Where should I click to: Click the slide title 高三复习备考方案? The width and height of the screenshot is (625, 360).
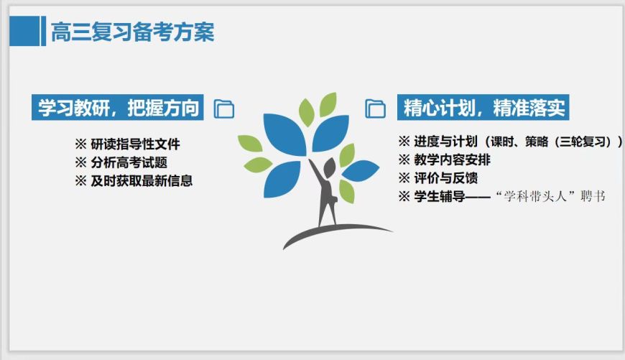(132, 32)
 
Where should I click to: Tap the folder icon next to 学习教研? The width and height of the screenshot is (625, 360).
(225, 109)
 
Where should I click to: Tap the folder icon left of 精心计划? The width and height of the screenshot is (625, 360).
(376, 109)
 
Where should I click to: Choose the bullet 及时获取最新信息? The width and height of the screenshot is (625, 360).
(142, 181)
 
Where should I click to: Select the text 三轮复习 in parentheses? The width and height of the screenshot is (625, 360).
(584, 142)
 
